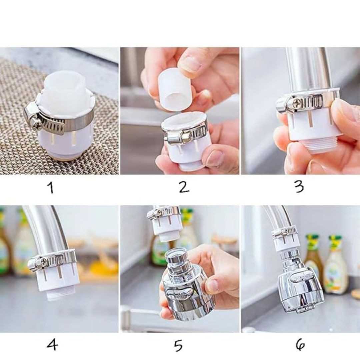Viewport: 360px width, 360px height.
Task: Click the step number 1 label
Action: (x=51, y=187)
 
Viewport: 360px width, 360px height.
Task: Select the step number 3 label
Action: (x=299, y=186)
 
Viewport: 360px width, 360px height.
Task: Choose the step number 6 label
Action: (x=300, y=344)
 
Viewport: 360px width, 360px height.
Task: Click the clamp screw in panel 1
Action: (x=37, y=125)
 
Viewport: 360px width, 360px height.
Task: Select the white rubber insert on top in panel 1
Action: (x=65, y=88)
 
